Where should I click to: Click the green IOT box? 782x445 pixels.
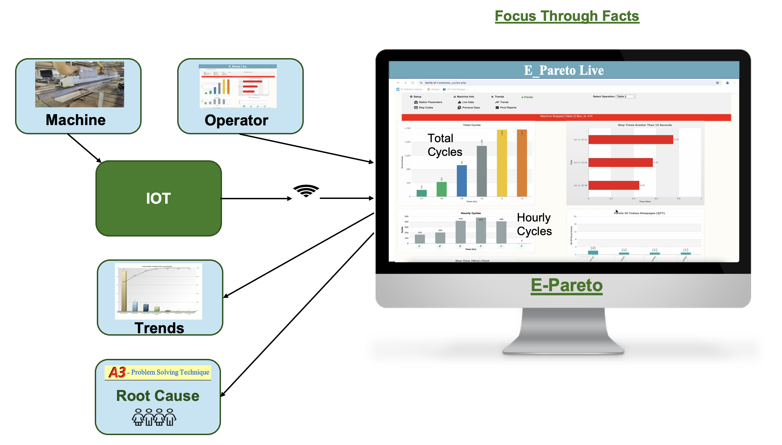click(159, 198)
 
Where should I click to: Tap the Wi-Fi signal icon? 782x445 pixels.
click(306, 191)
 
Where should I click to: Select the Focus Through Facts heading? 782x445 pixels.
click(567, 16)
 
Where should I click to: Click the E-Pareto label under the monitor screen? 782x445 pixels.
click(566, 285)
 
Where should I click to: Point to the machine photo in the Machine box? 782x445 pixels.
click(80, 84)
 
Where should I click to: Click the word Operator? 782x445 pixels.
click(236, 120)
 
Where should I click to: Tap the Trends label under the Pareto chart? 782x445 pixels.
click(159, 328)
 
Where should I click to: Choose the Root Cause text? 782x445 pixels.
click(158, 396)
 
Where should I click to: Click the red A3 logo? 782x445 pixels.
click(117, 372)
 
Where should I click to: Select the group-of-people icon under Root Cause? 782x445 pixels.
click(154, 417)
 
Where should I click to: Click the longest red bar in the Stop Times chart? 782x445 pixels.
click(631, 139)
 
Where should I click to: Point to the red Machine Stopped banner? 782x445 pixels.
click(566, 117)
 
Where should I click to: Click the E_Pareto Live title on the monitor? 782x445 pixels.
click(564, 70)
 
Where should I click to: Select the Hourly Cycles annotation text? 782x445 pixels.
click(534, 224)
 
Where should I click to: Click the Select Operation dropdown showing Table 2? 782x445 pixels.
click(626, 97)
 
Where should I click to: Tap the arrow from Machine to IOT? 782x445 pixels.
click(84, 148)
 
